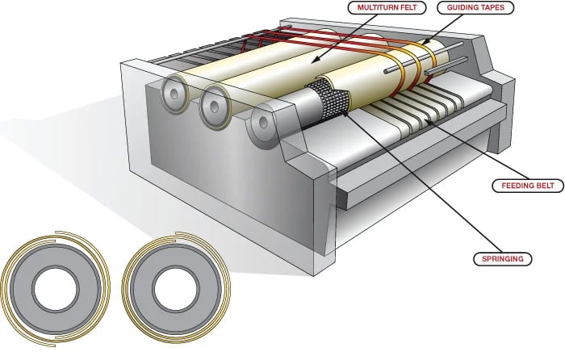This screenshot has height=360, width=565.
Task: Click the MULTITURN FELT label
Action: coord(387,7)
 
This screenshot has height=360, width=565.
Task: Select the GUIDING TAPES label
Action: coord(475,7)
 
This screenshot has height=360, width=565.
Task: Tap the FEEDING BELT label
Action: coord(528,186)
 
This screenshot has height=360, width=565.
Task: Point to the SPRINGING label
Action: coord(502,259)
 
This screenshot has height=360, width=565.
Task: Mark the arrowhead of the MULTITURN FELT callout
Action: coord(314,60)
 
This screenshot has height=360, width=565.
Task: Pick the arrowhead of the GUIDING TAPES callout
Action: coord(423,43)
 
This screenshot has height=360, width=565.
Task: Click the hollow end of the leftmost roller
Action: coord(174,94)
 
